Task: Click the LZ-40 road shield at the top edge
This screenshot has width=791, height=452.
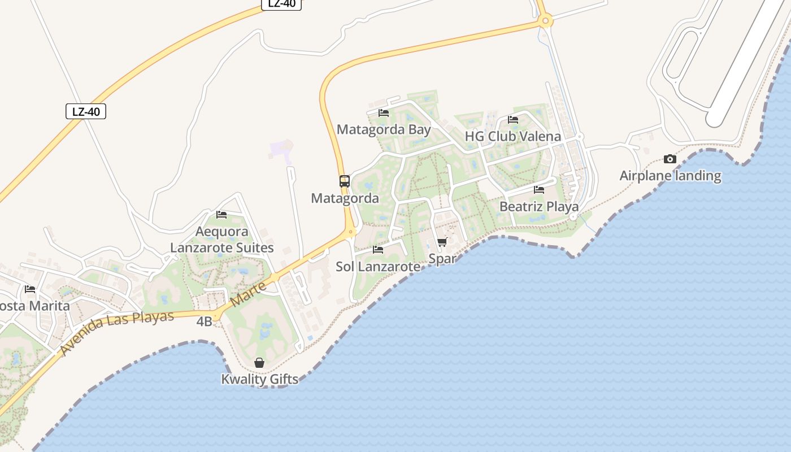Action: (x=281, y=3)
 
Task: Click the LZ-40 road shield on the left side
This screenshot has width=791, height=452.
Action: (x=86, y=111)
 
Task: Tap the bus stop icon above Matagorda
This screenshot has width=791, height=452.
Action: (x=345, y=181)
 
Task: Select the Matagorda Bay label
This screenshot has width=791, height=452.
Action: (x=384, y=129)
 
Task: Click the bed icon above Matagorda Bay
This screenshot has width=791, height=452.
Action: (x=384, y=113)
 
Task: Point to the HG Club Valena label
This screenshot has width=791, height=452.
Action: (x=512, y=136)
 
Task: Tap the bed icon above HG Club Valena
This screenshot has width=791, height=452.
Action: (x=513, y=120)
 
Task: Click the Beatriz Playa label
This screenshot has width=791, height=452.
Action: (x=539, y=207)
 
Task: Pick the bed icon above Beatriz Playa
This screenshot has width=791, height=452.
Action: (x=539, y=190)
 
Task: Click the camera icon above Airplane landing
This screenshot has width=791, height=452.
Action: (x=670, y=159)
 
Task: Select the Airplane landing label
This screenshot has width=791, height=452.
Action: (x=670, y=176)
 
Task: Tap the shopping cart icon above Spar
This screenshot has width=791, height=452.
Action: (x=442, y=242)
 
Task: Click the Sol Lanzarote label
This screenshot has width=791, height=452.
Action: (x=378, y=267)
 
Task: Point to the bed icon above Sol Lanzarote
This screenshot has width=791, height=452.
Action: (x=378, y=249)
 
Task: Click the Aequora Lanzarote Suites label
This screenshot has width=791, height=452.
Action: (x=222, y=240)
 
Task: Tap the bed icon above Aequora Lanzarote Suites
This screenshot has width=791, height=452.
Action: (x=221, y=215)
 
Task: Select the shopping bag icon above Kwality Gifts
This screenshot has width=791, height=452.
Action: (x=259, y=363)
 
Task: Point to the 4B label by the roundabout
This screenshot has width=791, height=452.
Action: (x=204, y=321)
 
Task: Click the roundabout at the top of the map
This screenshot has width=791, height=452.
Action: (x=545, y=21)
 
